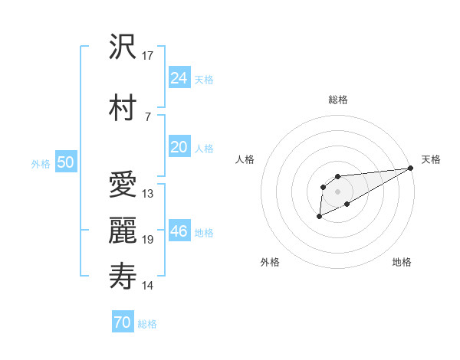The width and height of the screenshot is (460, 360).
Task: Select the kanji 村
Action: [123, 107]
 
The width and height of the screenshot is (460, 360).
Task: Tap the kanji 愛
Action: [123, 184]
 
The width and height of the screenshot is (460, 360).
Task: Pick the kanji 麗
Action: [123, 231]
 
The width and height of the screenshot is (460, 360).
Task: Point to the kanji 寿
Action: [123, 277]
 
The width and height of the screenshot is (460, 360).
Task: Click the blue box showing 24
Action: [179, 77]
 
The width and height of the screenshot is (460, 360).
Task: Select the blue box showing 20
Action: [179, 147]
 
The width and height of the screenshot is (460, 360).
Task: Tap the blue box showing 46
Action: [179, 231]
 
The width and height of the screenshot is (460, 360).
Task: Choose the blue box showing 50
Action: [65, 162]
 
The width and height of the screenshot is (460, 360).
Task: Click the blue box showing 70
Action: [122, 322]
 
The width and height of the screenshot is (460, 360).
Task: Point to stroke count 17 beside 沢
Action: [148, 56]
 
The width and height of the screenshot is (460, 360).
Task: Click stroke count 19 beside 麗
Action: [148, 240]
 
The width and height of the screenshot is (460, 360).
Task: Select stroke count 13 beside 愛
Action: [148, 193]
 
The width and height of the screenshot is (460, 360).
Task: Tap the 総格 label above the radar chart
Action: [338, 100]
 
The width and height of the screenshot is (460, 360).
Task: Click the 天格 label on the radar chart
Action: [431, 159]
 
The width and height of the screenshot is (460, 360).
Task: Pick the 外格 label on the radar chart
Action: [270, 262]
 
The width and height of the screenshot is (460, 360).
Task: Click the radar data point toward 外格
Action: [319, 217]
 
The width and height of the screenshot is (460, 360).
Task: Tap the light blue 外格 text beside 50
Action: [41, 164]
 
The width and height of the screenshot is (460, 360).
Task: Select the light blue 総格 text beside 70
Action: [147, 324]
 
